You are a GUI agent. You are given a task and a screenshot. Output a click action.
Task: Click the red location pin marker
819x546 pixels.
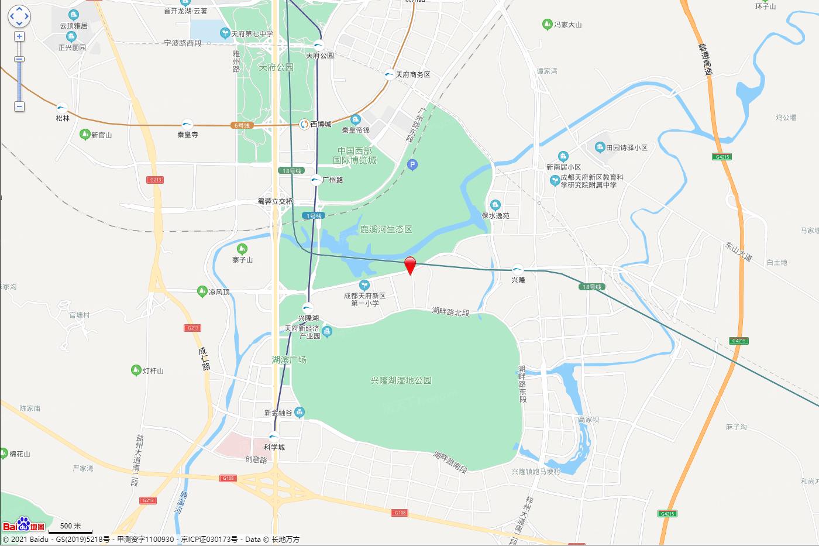411,265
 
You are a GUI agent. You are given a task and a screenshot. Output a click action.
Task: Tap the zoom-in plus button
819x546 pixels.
19,36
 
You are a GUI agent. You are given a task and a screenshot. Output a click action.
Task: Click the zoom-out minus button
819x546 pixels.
19,107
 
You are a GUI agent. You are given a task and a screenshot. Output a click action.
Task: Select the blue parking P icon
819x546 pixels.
412,166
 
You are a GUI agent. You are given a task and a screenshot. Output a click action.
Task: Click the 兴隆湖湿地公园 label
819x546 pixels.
401,380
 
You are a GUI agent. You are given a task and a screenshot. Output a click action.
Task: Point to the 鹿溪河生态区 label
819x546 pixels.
386,229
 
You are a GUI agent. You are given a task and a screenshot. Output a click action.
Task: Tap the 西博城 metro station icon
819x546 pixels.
304,124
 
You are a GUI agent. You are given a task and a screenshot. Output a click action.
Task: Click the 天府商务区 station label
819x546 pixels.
412,75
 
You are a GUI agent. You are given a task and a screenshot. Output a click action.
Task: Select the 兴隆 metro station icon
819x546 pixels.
518,269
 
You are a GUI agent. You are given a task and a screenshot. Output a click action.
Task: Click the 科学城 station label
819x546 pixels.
274,447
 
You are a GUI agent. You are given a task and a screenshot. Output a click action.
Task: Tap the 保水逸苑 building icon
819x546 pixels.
495,205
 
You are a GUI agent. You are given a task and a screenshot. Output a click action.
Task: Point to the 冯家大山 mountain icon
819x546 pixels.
547,25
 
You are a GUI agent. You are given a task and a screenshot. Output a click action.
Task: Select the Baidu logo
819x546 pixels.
23,524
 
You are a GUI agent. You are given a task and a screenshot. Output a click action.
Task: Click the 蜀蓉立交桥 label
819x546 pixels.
275,201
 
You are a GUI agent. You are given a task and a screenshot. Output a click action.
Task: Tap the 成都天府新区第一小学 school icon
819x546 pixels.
364,285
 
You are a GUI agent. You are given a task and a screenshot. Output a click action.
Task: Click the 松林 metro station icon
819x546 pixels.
62,108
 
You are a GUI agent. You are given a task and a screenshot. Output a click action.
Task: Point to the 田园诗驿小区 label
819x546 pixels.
627,147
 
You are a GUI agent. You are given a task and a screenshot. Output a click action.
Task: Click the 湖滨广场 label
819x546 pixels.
289,359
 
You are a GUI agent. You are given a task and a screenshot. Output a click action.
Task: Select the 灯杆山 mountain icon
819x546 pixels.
136,370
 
